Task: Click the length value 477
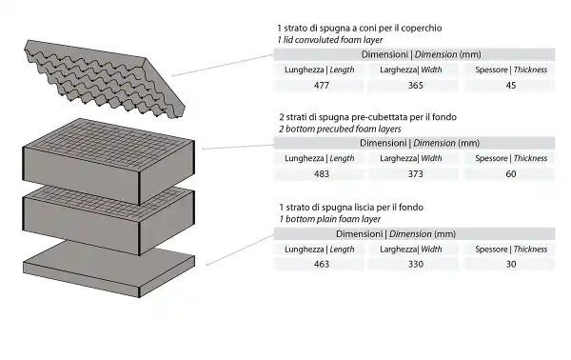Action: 322,86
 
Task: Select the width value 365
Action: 416,86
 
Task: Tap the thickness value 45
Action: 511,86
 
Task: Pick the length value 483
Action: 322,173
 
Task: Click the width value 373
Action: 416,173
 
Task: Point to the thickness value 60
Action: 511,173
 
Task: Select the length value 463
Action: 322,264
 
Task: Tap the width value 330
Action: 416,264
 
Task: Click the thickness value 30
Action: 511,264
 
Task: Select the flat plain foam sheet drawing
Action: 109,268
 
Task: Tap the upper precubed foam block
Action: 108,160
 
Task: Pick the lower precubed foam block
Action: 108,220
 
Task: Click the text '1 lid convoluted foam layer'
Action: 330,40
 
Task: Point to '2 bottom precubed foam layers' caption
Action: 340,129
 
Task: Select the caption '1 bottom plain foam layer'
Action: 329,219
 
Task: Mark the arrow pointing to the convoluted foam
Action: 222,65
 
